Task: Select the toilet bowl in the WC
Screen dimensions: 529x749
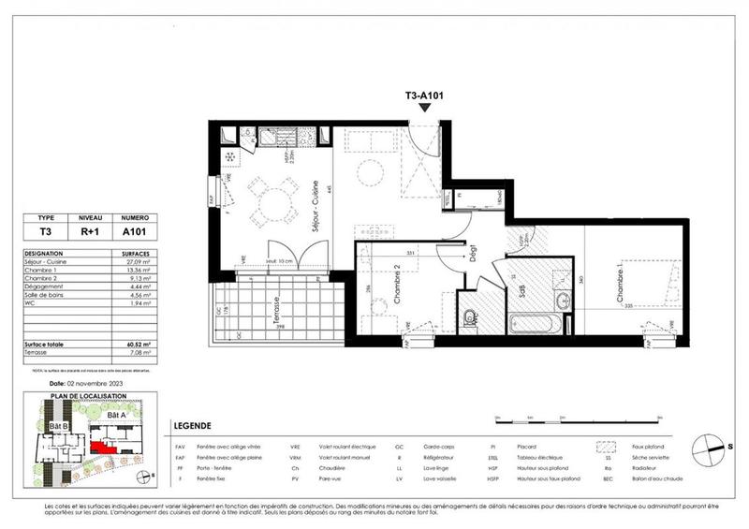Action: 470,318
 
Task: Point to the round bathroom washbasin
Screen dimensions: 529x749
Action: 562,301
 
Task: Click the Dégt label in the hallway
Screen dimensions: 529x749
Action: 474,253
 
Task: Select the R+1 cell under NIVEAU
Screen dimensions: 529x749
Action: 90,230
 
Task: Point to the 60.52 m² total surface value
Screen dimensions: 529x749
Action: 134,345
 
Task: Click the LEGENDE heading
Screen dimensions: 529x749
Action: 193,425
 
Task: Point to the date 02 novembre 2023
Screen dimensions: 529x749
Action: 89,383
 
